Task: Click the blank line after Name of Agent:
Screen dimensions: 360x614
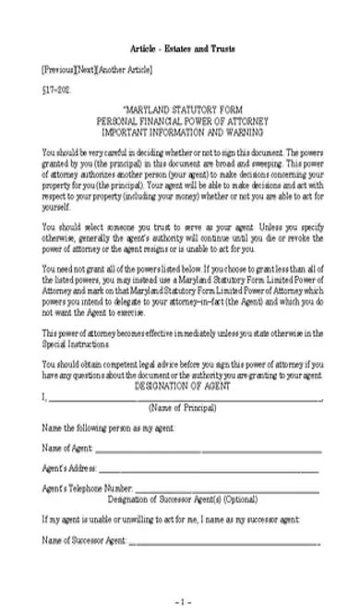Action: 208,451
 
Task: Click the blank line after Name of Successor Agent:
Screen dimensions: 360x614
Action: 225,539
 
